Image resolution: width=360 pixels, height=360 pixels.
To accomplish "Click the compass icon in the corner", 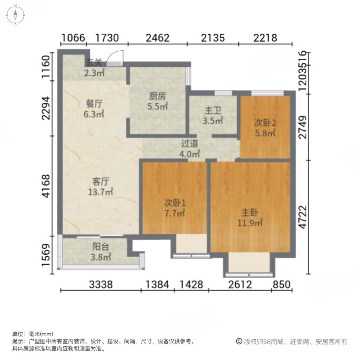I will pos(15,15).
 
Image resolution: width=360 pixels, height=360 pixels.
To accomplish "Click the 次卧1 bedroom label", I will pos(175,203).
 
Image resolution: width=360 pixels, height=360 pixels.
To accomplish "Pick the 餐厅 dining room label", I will pos(94,104).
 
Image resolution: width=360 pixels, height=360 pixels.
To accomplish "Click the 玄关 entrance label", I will pos(94,62).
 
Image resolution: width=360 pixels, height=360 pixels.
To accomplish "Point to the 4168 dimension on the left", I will pos(48,186).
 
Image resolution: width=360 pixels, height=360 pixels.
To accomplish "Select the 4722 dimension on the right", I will pos(304,217).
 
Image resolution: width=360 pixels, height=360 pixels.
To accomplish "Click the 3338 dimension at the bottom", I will pos(101,285).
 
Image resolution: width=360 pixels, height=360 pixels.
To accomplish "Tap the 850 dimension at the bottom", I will pos(282,285).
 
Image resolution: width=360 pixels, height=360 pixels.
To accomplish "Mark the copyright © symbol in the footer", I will pos(239,341).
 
